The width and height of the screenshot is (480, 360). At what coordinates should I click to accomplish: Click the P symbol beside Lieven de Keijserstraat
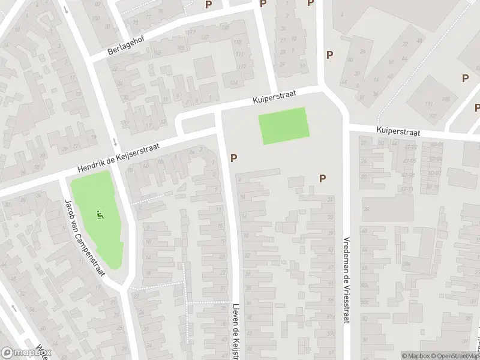click(234, 158)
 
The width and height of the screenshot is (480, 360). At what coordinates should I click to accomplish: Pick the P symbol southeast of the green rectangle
click(323, 178)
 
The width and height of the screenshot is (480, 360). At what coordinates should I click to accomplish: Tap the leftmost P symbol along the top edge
click(209, 4)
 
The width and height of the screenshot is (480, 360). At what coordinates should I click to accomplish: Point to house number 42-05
click(410, 161)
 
